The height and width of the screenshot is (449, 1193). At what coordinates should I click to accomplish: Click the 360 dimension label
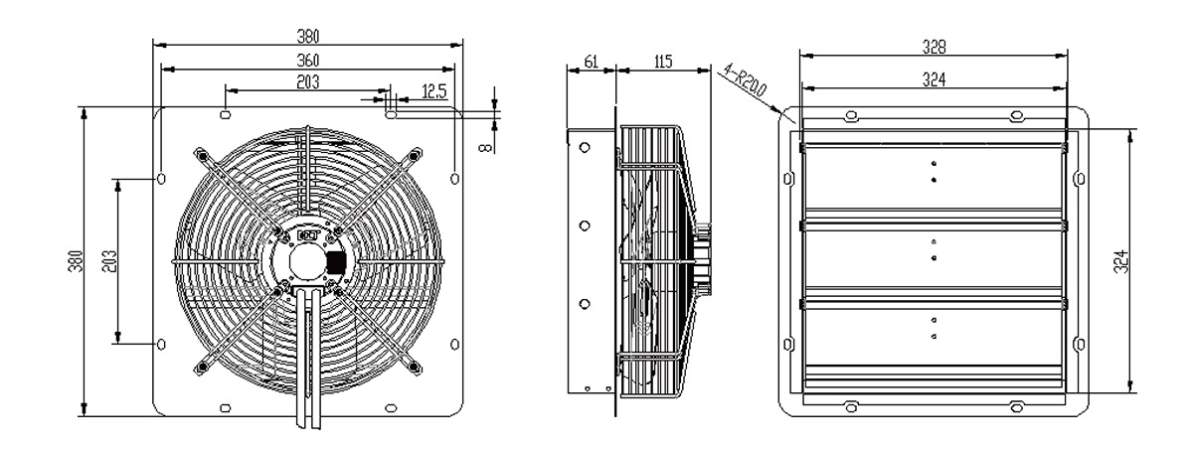(x=308, y=61)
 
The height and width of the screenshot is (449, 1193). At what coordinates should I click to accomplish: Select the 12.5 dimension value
(x=434, y=92)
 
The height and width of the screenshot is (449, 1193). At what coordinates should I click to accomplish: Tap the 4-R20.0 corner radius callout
(x=745, y=80)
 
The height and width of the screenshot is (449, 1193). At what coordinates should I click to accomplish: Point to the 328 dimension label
(x=935, y=47)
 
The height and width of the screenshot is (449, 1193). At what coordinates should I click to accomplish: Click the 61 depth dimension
(x=592, y=62)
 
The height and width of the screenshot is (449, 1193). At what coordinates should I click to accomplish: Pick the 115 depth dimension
(x=662, y=62)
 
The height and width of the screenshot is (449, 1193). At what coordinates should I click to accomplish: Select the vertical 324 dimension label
(x=1121, y=261)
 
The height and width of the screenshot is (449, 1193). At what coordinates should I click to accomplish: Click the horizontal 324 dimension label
(x=935, y=79)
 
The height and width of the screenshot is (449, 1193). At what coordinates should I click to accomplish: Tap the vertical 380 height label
(x=76, y=261)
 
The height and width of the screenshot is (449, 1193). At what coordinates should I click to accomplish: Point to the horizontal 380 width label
(x=308, y=36)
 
